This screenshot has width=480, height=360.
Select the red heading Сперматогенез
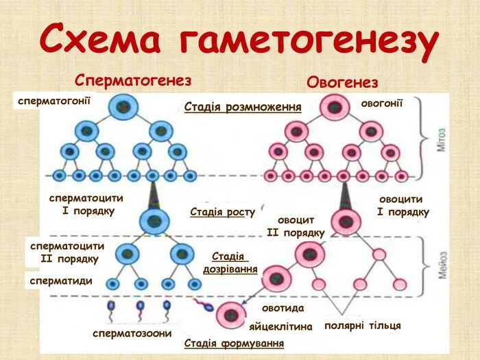click(x=133, y=81)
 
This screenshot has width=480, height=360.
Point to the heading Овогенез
click(x=342, y=83)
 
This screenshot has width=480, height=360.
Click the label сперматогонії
click(x=54, y=101)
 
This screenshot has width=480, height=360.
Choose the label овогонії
click(x=381, y=104)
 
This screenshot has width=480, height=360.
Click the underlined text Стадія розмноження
click(x=243, y=108)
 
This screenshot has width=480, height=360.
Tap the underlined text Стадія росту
click(x=222, y=212)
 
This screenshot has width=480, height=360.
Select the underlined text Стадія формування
click(x=234, y=343)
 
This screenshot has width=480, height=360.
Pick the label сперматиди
click(x=61, y=280)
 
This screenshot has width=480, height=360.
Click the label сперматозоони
click(x=132, y=333)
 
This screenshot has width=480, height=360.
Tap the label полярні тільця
click(x=362, y=325)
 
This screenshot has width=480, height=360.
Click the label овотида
click(x=283, y=308)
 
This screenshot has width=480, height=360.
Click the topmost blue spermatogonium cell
click(x=123, y=107)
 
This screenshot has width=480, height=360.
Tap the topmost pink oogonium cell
click(x=334, y=108)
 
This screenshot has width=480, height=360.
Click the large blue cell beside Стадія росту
click(x=154, y=221)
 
